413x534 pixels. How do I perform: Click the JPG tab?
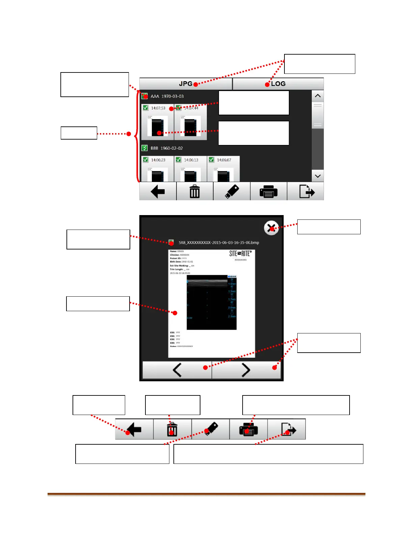[186, 84]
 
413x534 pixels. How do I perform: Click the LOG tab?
[278, 84]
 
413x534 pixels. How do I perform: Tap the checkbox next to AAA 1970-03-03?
[145, 96]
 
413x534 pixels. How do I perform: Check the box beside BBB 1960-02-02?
[145, 148]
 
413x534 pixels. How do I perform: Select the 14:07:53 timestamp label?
[158, 108]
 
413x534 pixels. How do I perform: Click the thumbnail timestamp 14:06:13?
[191, 160]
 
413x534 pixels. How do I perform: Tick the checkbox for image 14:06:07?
[211, 160]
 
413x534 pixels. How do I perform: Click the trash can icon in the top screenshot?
[195, 191]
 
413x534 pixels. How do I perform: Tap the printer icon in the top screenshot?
[268, 191]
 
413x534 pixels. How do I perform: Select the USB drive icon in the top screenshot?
[232, 191]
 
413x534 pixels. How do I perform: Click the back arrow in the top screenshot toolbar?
[158, 191]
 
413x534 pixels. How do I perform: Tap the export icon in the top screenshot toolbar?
[306, 191]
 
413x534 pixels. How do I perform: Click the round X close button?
[271, 228]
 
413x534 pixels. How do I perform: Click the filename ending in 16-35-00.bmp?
[219, 242]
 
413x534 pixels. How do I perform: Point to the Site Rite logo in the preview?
[240, 254]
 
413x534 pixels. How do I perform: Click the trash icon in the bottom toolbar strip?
[172, 429]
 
